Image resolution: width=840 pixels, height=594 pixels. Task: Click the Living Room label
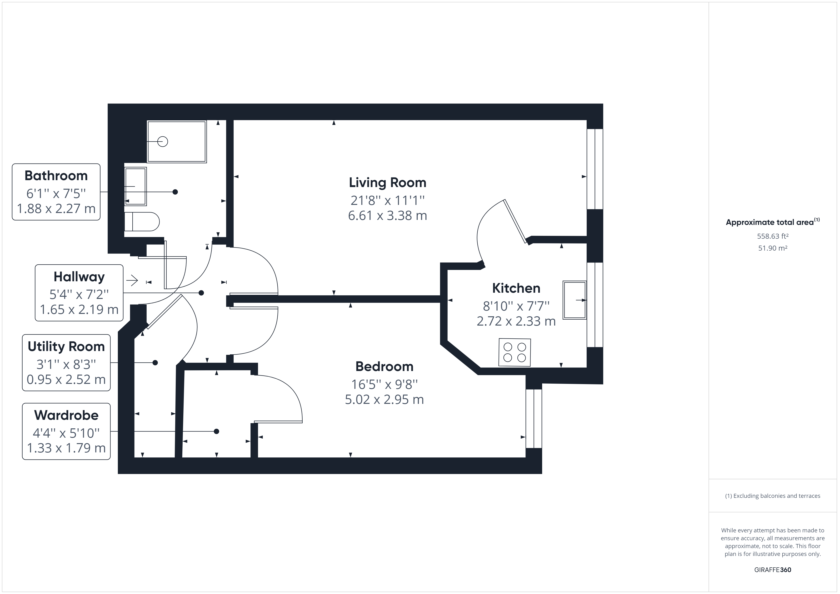(387, 183)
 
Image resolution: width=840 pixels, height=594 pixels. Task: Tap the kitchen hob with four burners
(514, 352)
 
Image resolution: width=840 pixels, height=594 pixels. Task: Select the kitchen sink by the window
(574, 300)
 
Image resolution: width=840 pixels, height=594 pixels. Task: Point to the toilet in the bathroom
(142, 222)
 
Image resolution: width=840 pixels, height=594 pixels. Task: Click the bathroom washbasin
(135, 186)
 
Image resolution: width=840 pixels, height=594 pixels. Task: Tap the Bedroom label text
(384, 366)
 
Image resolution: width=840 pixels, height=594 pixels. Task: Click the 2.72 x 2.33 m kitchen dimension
(516, 321)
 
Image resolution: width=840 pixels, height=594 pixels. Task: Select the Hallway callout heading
(79, 277)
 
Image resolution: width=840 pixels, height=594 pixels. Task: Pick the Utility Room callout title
(66, 346)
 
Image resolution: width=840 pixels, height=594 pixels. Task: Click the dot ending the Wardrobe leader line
(216, 431)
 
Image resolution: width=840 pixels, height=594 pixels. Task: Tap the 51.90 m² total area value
(773, 248)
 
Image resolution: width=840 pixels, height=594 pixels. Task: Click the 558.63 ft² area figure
(773, 236)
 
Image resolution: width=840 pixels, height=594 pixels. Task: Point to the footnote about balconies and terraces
(773, 496)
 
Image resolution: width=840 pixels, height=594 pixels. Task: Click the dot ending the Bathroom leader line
(175, 192)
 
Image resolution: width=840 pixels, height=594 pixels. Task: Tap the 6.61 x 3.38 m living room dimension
(387, 215)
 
